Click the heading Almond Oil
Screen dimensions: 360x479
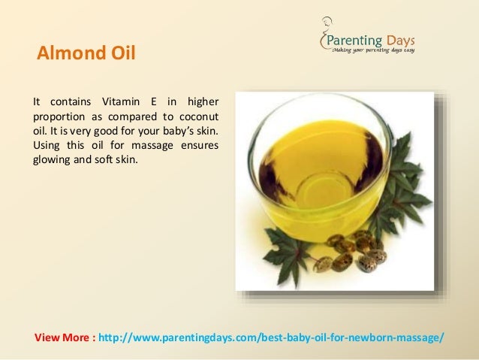[86, 54]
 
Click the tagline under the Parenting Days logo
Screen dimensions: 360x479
[373, 50]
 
